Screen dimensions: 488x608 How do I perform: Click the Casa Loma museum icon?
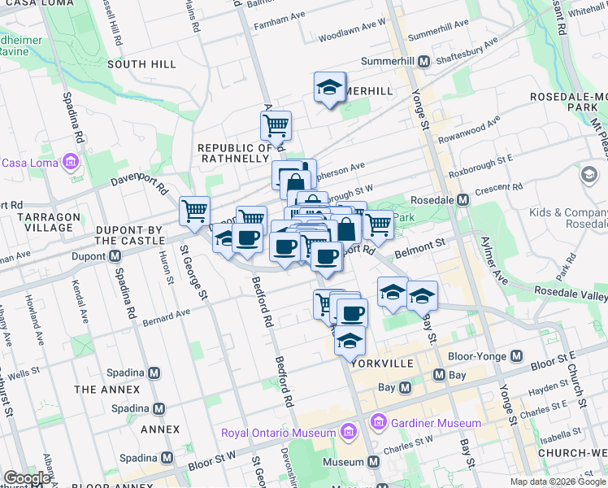click(70, 162)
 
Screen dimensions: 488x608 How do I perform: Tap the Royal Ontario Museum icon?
click(350, 430)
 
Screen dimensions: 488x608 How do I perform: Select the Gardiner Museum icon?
click(377, 423)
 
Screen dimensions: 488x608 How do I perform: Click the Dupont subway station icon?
click(115, 256)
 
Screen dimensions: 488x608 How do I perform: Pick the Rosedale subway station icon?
click(463, 199)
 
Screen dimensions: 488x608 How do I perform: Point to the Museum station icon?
click(373, 462)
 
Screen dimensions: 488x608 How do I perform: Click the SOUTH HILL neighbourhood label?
click(141, 63)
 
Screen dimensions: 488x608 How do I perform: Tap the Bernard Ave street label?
click(166, 313)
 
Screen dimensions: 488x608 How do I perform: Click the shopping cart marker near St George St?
click(194, 211)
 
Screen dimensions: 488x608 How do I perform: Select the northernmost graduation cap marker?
click(329, 88)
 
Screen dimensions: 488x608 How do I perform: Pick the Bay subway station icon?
click(440, 375)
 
